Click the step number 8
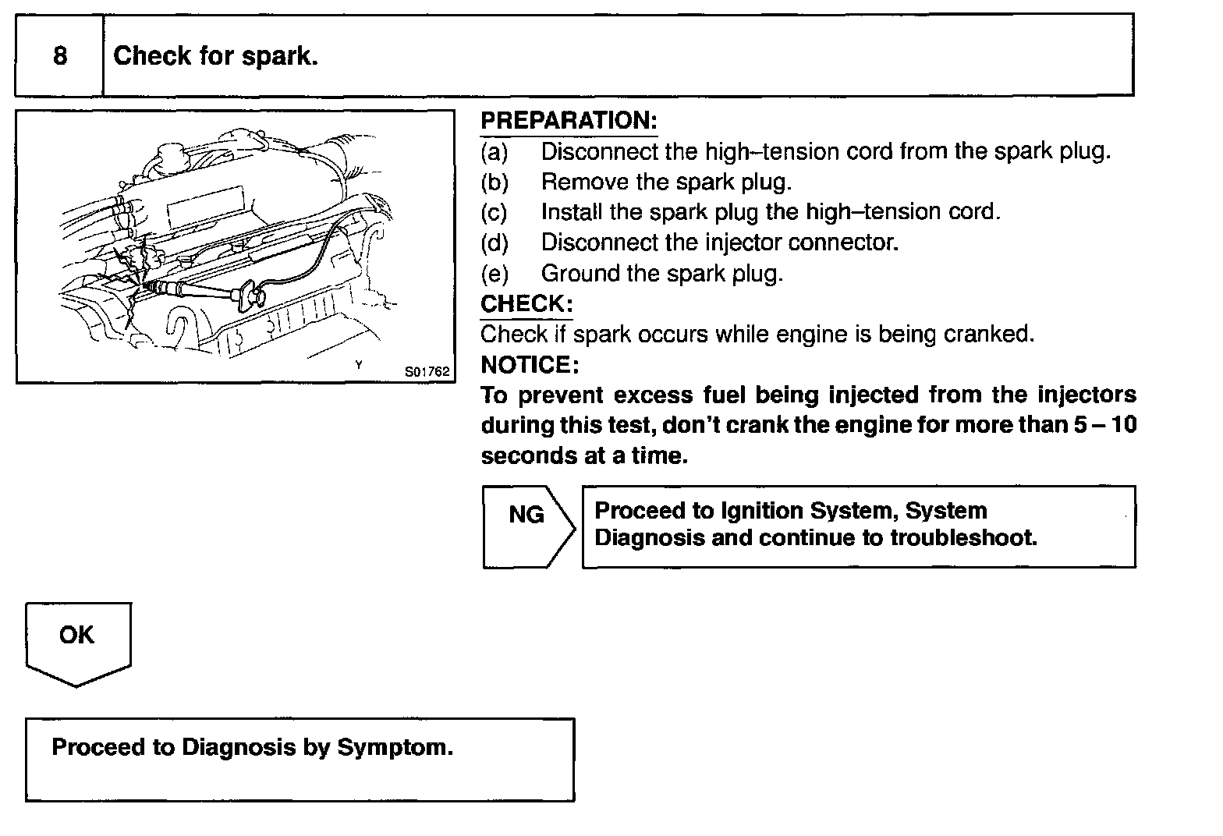(60, 56)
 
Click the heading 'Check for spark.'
(215, 56)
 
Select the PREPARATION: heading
(569, 121)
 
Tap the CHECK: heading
(526, 303)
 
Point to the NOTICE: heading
(530, 364)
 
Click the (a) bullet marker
(494, 151)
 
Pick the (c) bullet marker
(494, 212)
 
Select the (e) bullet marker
(494, 274)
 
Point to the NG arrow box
(527, 526)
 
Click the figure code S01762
(427, 372)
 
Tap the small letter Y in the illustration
(358, 364)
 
